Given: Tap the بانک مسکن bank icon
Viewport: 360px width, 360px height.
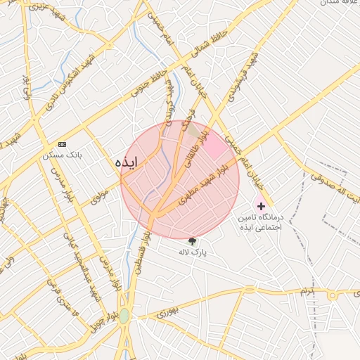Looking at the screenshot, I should point(62,143).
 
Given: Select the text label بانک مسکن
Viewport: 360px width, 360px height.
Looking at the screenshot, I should point(63,154).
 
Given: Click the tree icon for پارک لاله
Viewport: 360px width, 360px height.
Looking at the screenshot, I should point(192,241).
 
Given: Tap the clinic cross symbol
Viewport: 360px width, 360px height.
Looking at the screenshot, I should point(261,206).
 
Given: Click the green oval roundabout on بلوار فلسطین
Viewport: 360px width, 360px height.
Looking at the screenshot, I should point(124,316).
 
